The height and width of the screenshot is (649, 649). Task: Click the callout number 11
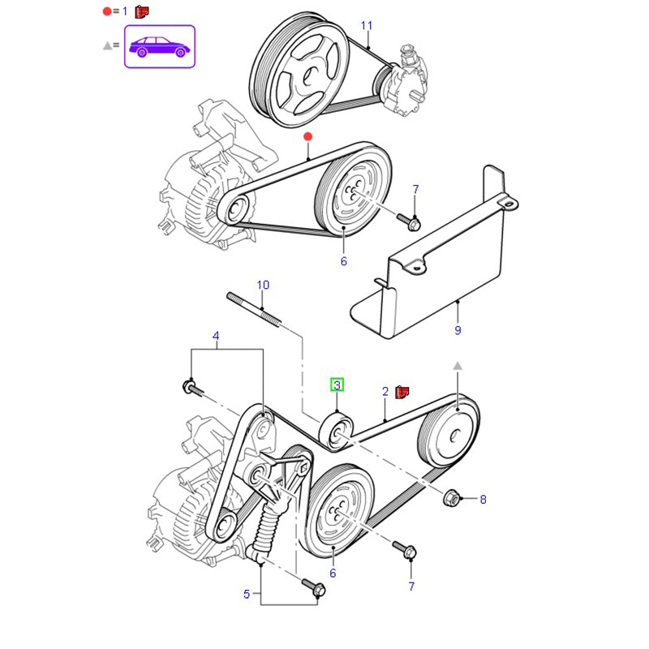367,26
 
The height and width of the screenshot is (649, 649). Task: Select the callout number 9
458,330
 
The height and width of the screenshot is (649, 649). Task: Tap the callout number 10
263,285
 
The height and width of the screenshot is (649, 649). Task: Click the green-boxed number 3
337,385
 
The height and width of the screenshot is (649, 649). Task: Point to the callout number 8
483,500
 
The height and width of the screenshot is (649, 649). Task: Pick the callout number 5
247,595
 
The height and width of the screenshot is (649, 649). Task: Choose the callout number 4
216,336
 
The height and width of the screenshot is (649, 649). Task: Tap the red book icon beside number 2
402,393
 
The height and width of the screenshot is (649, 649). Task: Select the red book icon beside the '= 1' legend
144,12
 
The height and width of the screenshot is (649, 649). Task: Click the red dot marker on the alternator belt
307,137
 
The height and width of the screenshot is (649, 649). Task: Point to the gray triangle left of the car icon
107,46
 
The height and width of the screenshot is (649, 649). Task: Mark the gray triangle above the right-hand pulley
458,367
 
